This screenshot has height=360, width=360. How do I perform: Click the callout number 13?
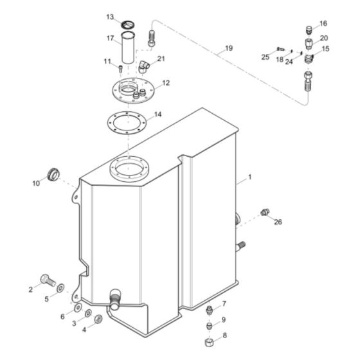tap(110, 16)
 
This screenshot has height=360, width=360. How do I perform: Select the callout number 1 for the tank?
tap(250, 176)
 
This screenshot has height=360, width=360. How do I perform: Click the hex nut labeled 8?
tap(210, 342)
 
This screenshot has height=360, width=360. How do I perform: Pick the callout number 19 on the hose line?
tap(229, 48)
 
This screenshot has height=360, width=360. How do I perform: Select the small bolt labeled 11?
tap(121, 67)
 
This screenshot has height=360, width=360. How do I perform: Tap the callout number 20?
tap(323, 38)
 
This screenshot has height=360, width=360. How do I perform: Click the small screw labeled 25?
tap(280, 49)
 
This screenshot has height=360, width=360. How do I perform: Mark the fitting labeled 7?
tap(210, 311)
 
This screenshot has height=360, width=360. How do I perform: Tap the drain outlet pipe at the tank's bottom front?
tap(115, 300)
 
